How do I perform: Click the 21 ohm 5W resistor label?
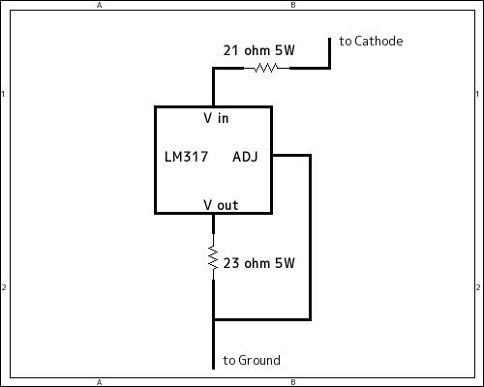pyautogui.click(x=258, y=50)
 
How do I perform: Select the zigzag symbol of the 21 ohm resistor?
pyautogui.click(x=266, y=68)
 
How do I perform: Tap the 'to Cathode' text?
pyautogui.click(x=371, y=42)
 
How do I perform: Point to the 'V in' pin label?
pyautogui.click(x=216, y=118)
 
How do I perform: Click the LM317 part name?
pyautogui.click(x=188, y=156)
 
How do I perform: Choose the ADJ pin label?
pyautogui.click(x=246, y=156)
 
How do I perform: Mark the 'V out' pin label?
pyautogui.click(x=221, y=204)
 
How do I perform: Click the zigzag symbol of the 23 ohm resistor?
pyautogui.click(x=213, y=257)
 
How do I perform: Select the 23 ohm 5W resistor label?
pyautogui.click(x=258, y=262)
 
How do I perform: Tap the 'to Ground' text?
pyautogui.click(x=252, y=360)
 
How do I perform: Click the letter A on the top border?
pyautogui.click(x=100, y=5)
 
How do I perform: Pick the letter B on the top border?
pyautogui.click(x=293, y=5)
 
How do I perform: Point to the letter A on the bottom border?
pyautogui.click(x=100, y=383)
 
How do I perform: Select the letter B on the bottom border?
pyautogui.click(x=293, y=383)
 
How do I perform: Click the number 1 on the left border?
pyautogui.click(x=5, y=94)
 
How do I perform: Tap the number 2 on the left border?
pyautogui.click(x=5, y=287)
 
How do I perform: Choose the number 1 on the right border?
pyautogui.click(x=479, y=94)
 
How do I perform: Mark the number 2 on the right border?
pyautogui.click(x=479, y=287)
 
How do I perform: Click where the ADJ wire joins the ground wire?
pyautogui.click(x=213, y=319)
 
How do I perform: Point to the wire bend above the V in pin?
pyautogui.click(x=213, y=68)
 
